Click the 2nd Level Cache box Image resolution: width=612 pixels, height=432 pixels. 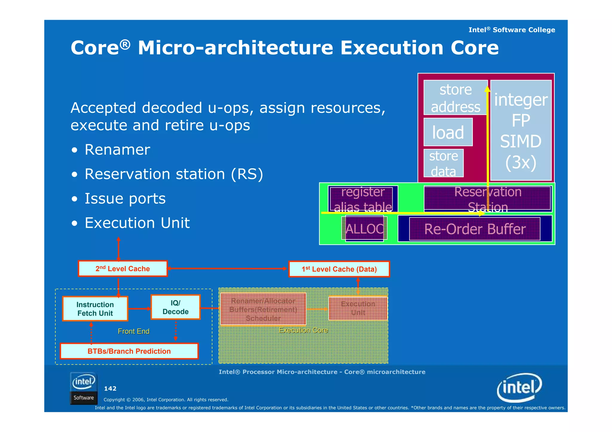(x=123, y=269)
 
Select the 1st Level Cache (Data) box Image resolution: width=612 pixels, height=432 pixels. (x=339, y=269)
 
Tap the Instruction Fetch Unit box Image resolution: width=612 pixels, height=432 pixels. (x=95, y=309)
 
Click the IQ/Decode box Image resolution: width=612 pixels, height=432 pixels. (x=175, y=307)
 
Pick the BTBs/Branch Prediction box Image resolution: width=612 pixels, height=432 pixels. (x=129, y=351)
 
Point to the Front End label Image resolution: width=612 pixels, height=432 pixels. (x=134, y=331)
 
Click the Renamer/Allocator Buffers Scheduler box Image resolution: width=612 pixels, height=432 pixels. (x=263, y=309)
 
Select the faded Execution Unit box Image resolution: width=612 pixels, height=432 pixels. (x=358, y=308)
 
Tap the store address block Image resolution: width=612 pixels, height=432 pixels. (x=455, y=98)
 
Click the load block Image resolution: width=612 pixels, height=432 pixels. (x=448, y=132)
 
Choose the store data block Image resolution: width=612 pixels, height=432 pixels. (x=443, y=163)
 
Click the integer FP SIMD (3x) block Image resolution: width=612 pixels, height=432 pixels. (x=521, y=130)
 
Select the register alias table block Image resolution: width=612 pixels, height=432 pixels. (x=363, y=199)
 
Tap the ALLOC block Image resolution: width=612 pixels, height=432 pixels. (x=364, y=229)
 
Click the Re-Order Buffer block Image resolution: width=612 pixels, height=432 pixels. (x=475, y=229)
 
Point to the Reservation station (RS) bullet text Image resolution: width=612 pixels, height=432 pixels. (x=174, y=174)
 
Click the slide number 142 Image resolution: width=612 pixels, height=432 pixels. (x=110, y=389)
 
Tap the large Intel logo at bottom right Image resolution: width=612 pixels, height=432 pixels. (x=519, y=388)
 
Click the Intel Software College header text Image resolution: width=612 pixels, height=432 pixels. (x=511, y=30)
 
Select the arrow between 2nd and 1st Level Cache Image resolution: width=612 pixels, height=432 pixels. (x=227, y=268)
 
